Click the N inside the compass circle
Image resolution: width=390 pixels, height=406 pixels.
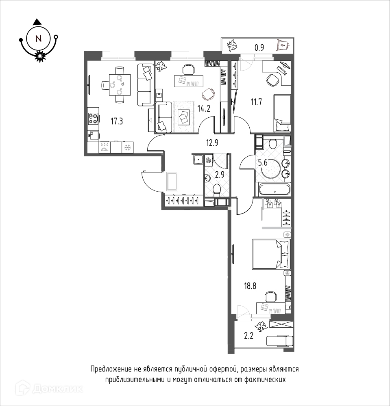point(38,39)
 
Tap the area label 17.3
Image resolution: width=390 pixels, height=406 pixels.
point(117,121)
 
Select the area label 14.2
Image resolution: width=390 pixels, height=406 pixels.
point(204,108)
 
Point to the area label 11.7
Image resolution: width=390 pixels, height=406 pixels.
point(256,102)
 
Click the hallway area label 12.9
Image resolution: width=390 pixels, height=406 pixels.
point(212,143)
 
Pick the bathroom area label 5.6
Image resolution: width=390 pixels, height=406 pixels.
point(262,163)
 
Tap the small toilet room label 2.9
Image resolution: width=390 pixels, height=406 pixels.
point(220,175)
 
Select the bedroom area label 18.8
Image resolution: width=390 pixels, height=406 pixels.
point(250,286)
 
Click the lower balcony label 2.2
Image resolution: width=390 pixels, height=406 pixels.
point(248,336)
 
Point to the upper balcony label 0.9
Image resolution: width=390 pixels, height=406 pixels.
point(259,48)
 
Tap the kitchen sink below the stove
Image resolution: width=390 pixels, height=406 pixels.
point(93,136)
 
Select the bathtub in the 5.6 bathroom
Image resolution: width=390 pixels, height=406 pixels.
point(275,189)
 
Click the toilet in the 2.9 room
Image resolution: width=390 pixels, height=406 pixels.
point(216,190)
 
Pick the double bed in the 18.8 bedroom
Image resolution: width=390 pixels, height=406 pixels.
point(271,254)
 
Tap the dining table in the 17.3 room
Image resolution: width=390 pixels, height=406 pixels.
point(120,85)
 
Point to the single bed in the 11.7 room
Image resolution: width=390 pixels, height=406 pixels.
point(282,113)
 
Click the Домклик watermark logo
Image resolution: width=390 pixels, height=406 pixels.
point(49,388)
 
